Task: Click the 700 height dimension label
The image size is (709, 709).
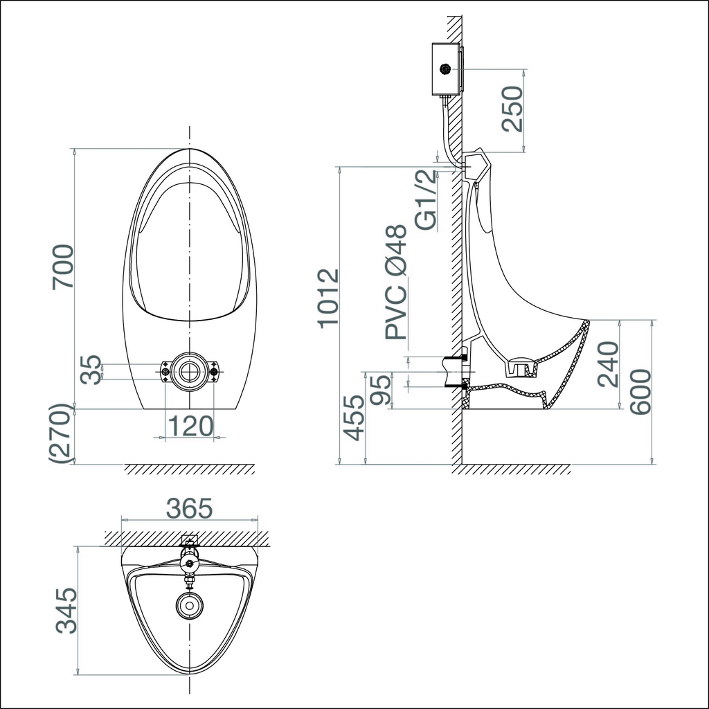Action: tap(63, 267)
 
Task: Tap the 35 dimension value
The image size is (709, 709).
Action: tap(91, 370)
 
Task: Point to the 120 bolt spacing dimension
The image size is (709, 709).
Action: tap(189, 426)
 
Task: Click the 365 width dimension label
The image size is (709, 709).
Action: tap(188, 509)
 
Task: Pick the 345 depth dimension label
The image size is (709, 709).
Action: tap(66, 611)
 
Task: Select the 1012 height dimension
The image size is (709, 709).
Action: tap(328, 298)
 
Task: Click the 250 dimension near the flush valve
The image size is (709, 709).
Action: tap(513, 109)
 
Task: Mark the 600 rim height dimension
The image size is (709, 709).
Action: tap(641, 392)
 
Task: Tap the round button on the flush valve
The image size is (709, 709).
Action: tap(445, 69)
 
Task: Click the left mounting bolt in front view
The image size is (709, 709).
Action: tap(165, 372)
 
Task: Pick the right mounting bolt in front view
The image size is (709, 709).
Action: tap(213, 372)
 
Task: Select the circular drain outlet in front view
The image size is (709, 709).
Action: tap(189, 371)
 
